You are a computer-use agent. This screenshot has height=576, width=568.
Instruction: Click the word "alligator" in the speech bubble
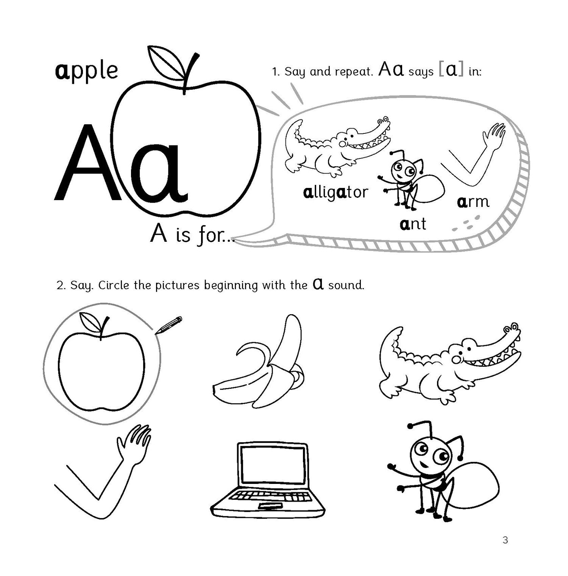click(x=335, y=193)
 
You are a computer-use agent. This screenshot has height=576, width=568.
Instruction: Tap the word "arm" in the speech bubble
click(x=473, y=202)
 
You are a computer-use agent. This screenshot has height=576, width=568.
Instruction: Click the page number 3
click(x=505, y=540)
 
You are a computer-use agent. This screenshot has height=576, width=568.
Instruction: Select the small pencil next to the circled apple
click(x=169, y=325)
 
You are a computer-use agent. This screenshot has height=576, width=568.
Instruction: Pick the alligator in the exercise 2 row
click(x=449, y=362)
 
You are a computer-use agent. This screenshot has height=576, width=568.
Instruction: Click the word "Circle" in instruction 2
click(x=114, y=285)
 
